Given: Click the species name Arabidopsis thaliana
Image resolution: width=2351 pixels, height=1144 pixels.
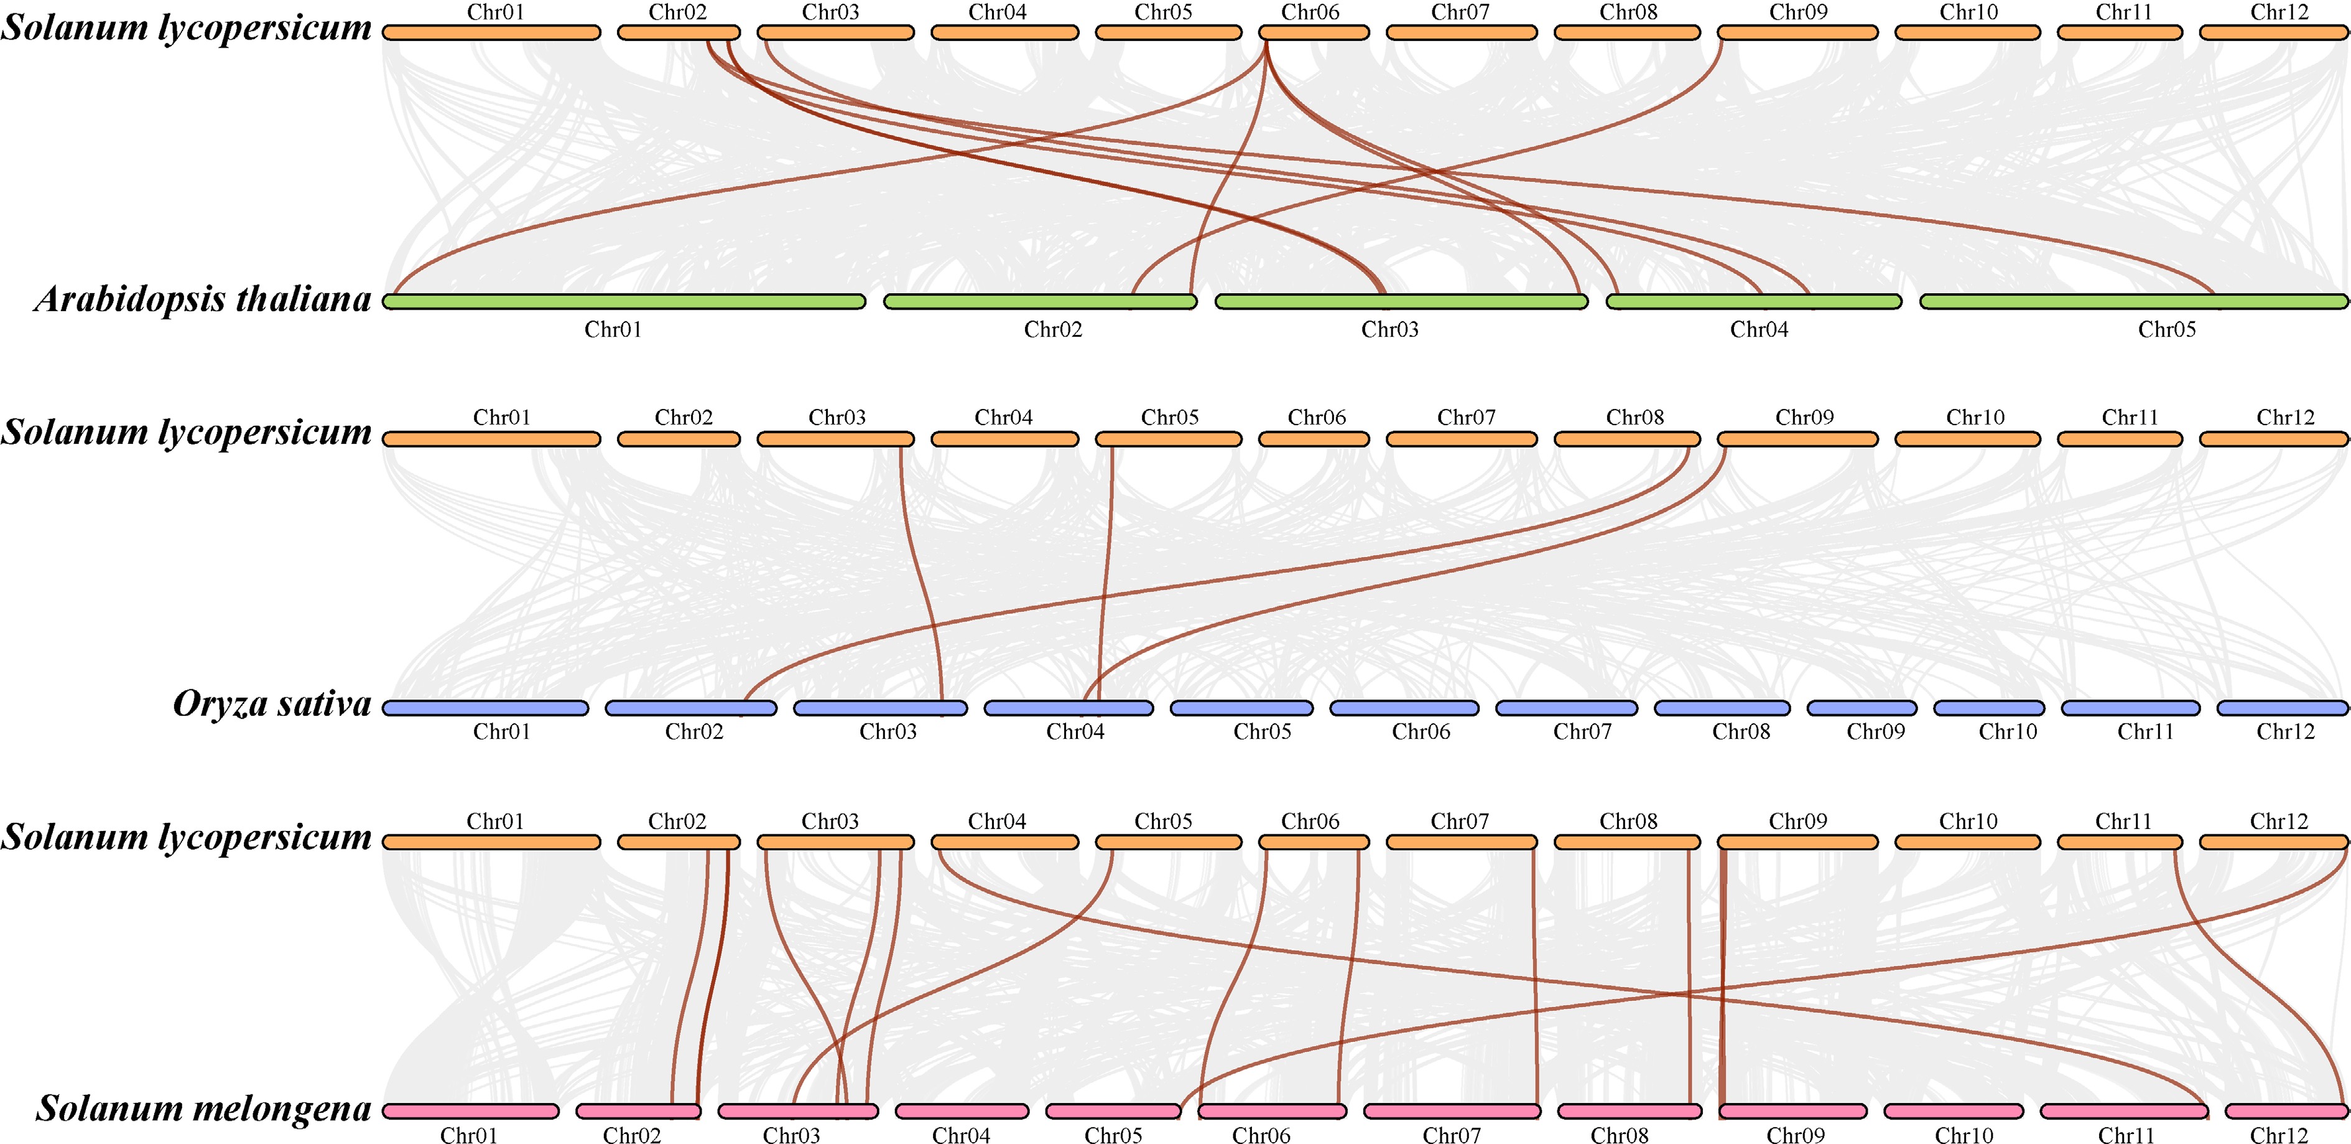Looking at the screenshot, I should click(203, 299).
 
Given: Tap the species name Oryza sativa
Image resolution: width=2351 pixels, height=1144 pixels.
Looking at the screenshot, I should click(272, 704).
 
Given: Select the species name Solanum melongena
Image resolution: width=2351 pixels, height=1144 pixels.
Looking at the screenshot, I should click(203, 1109).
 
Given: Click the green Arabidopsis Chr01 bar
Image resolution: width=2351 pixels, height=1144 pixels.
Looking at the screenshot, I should click(623, 301).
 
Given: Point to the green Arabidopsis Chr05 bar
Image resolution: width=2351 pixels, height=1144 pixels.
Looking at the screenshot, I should click(2134, 301).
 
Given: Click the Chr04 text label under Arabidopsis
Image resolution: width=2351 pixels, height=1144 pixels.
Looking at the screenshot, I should click(1759, 330).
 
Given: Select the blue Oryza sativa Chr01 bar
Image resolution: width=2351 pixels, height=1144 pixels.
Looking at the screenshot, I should click(486, 708).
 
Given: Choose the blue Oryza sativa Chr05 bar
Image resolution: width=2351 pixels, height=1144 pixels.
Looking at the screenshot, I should click(1241, 708).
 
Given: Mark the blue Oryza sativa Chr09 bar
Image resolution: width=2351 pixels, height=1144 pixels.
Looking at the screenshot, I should click(1862, 708).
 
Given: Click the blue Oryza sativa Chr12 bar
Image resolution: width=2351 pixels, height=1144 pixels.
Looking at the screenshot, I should click(2281, 708).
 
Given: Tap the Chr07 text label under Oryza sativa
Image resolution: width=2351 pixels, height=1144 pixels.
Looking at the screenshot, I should click(1582, 732).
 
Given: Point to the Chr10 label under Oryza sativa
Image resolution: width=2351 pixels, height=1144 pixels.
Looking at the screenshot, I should click(2008, 732).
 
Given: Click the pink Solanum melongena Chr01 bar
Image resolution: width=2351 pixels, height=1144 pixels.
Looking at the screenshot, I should click(470, 1111).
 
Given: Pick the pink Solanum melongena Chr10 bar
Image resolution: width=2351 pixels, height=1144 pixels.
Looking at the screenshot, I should click(1953, 1111).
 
